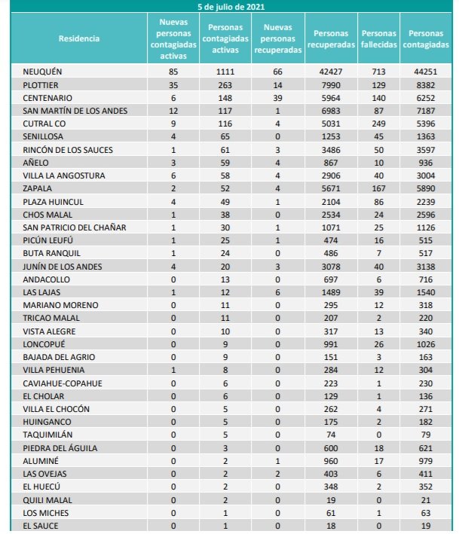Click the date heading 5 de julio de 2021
[x=231, y=6]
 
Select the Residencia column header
[x=78, y=38]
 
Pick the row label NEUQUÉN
[x=42, y=72]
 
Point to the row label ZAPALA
[x=38, y=188]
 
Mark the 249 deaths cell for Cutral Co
[x=379, y=124]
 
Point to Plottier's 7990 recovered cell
[x=331, y=84]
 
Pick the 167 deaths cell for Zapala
[x=379, y=188]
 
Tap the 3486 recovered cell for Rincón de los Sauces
[x=331, y=149]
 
